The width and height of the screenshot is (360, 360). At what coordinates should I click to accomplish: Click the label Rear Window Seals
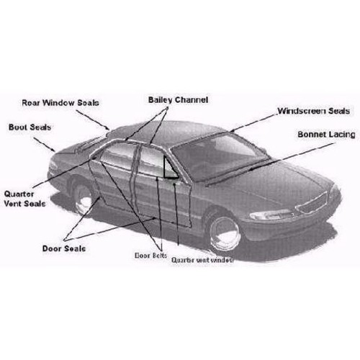click(60, 103)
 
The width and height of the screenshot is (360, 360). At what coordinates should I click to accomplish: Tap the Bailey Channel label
click(178, 100)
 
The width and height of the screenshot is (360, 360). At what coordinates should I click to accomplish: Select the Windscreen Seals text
click(313, 111)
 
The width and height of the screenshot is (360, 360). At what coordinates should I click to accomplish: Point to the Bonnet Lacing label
click(326, 135)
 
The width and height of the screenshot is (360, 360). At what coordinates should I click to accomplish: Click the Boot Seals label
click(30, 127)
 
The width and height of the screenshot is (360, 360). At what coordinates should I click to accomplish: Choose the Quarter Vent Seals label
click(24, 199)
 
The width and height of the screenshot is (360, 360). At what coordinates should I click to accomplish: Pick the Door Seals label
click(64, 248)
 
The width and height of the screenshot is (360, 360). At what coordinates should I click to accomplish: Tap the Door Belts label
click(150, 256)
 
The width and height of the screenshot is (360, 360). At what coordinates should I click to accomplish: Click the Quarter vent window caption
click(202, 260)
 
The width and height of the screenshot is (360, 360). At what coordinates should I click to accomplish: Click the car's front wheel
click(225, 233)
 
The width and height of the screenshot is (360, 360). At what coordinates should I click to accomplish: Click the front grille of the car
click(312, 203)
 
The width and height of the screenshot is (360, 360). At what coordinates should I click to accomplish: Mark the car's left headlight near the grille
click(271, 215)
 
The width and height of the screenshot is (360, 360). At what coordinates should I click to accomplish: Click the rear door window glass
click(117, 156)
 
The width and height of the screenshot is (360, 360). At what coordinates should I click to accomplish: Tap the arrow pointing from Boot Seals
click(45, 145)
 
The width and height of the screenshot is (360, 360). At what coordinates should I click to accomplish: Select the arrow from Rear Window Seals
click(93, 120)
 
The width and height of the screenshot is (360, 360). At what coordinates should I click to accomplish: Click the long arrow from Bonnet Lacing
click(291, 156)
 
